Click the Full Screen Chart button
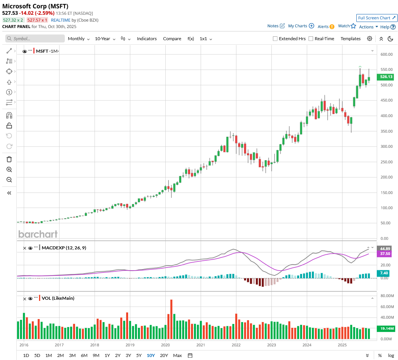pos(377,18)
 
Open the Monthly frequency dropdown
pos(78,39)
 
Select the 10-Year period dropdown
pos(105,39)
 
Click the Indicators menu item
pos(147,39)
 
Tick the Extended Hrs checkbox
pos(275,39)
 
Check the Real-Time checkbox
pos(311,39)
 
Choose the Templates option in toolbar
pos(350,39)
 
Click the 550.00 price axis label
pos(386,70)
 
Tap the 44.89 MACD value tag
pos(385,249)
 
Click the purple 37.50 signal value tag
pos(385,254)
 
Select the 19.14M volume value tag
pos(387,329)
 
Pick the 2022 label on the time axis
pos(236,345)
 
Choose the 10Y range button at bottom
pos(150,355)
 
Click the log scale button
pos(391,355)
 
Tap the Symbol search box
pos(35,39)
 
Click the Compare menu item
pos(172,39)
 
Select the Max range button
pos(177,355)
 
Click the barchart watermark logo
pos(38,234)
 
